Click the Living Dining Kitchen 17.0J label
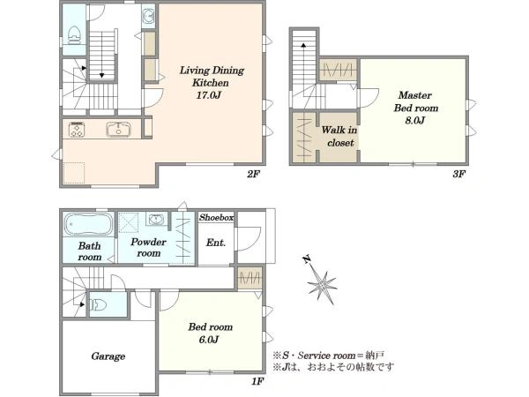coord(212,83)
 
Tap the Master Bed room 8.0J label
coord(415,108)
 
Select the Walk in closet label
coord(339,136)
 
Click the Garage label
coord(108,356)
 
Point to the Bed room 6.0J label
coord(210,333)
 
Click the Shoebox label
coord(216,217)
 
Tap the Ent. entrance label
coord(216,243)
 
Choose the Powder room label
coord(148,247)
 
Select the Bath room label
coord(89,251)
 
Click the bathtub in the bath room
coord(89,224)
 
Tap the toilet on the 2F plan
coord(75,34)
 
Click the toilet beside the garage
coord(99,305)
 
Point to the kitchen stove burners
coord(77,130)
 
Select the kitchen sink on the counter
coord(119,130)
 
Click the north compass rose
coord(321,282)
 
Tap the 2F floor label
coord(253,174)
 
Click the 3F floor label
coord(459,174)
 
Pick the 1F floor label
coord(257,382)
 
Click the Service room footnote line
coord(328,356)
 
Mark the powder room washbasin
coord(157,219)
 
